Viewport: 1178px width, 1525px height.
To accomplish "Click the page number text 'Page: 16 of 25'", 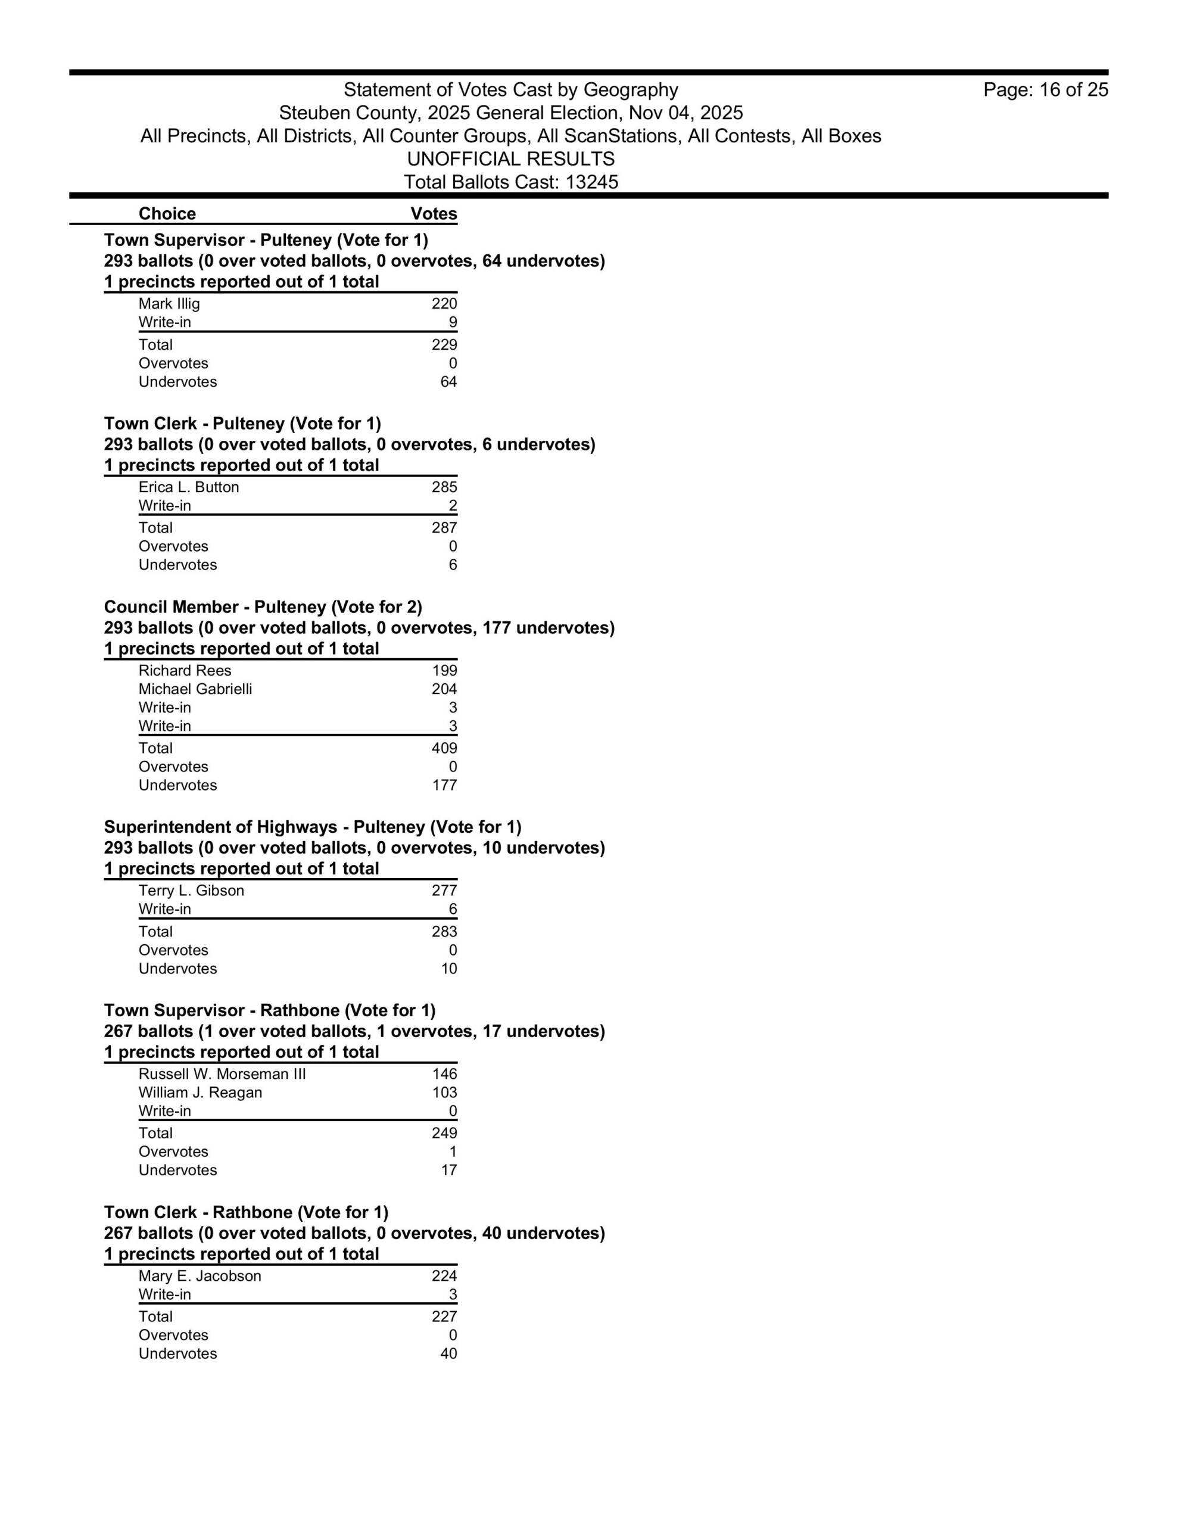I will pyautogui.click(x=1045, y=90).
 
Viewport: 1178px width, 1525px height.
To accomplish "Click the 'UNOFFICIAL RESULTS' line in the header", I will pyautogui.click(x=510, y=159).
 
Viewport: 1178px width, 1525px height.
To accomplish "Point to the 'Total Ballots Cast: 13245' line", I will pyautogui.click(x=510, y=182).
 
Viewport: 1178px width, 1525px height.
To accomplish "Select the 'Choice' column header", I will pyautogui.click(x=167, y=214).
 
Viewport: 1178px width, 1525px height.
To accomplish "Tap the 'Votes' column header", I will pyautogui.click(x=434, y=214).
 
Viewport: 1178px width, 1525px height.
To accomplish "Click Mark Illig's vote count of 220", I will pyautogui.click(x=444, y=304).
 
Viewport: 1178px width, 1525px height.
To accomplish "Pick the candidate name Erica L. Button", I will pyautogui.click(x=189, y=487).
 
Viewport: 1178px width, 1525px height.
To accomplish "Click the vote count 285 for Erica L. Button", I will pyautogui.click(x=444, y=487).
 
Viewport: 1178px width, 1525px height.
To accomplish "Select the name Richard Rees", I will pyautogui.click(x=185, y=671).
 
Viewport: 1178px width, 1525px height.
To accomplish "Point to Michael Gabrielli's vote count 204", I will pyautogui.click(x=444, y=689).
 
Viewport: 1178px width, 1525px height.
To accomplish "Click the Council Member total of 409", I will pyautogui.click(x=444, y=749).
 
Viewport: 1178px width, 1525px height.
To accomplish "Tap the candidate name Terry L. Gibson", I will pyautogui.click(x=191, y=891).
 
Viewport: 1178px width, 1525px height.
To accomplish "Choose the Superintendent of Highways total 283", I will pyautogui.click(x=444, y=932).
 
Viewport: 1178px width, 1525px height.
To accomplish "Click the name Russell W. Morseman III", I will pyautogui.click(x=222, y=1075).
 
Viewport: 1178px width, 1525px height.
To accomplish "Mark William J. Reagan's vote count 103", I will pyautogui.click(x=444, y=1093).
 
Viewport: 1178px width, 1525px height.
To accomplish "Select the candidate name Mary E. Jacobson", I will pyautogui.click(x=200, y=1277).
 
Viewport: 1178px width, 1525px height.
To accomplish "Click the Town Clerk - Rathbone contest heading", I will pyautogui.click(x=246, y=1213).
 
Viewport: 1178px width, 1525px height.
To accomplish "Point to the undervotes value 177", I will pyautogui.click(x=444, y=786).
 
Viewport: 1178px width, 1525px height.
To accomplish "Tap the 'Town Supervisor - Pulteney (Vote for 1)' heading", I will pyautogui.click(x=266, y=240).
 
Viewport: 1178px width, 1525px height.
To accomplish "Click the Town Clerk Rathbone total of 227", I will pyautogui.click(x=444, y=1317).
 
